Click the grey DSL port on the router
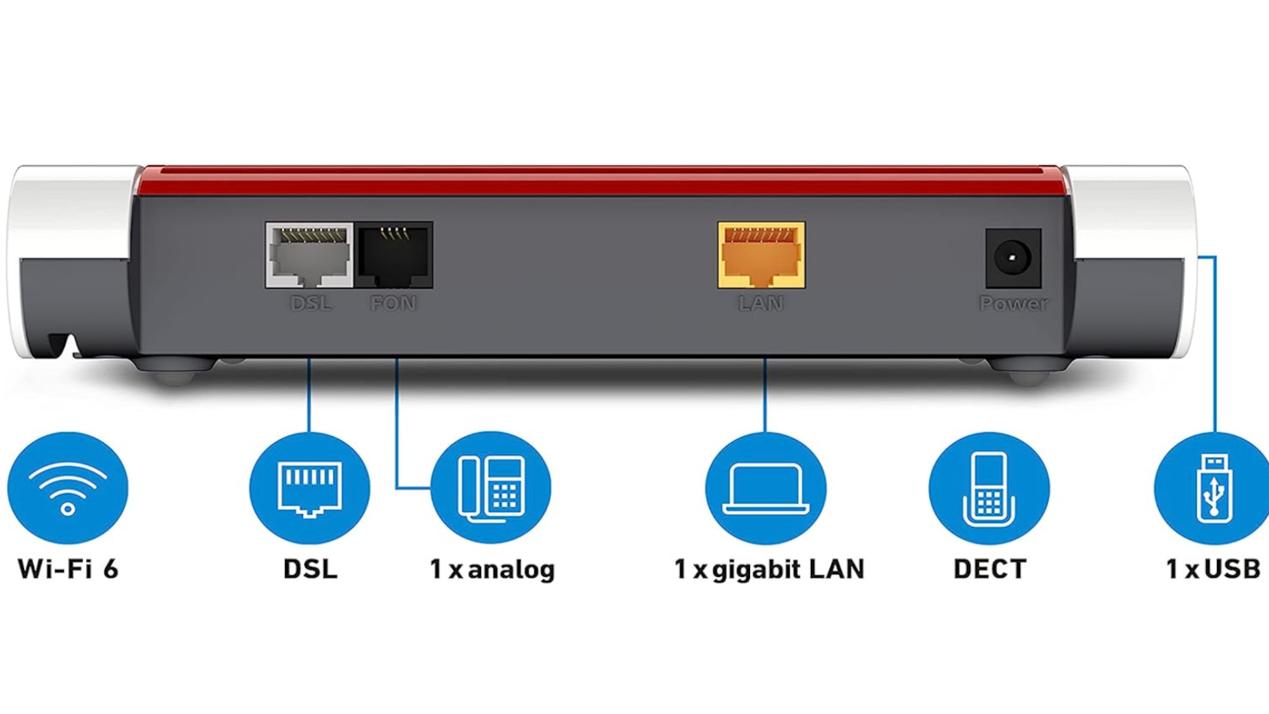pos(310,255)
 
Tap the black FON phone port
pos(394,255)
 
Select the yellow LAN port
pos(761,255)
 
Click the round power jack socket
pos(1013,258)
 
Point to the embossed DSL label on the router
pos(310,304)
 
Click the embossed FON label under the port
pos(393,304)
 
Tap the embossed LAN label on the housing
pos(761,304)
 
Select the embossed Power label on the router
pos(1013,304)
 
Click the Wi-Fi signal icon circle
pos(68,488)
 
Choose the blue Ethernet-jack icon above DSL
pos(310,488)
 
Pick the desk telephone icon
pos(491,488)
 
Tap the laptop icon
pos(766,488)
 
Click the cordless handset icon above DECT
pos(989,488)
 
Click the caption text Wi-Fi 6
pos(68,569)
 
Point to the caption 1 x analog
pos(492,569)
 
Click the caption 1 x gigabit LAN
pos(769,569)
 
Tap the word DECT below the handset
pos(990,569)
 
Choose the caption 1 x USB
pos(1213,569)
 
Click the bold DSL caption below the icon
pos(310,569)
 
